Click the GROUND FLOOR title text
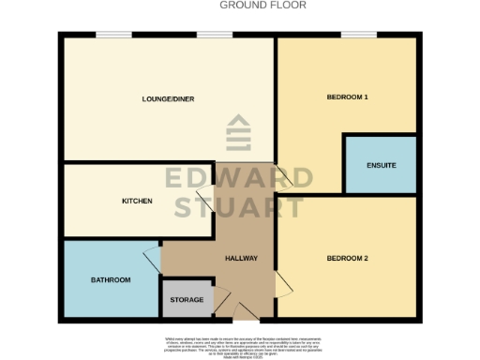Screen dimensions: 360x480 pyautogui.click(x=262, y=5)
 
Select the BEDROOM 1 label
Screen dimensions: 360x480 pyautogui.click(x=347, y=97)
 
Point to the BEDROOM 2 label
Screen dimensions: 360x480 pyautogui.click(x=347, y=258)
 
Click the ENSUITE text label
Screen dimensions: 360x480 pyautogui.click(x=381, y=166)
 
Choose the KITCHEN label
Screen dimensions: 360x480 pyautogui.click(x=137, y=202)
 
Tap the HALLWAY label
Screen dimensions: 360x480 pyautogui.click(x=241, y=259)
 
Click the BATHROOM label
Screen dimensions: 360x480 pyautogui.click(x=111, y=280)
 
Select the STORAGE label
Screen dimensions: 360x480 pyautogui.click(x=186, y=300)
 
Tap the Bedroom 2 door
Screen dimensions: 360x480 pyautogui.click(x=282, y=281)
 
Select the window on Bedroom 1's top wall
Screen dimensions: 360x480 pyautogui.click(x=358, y=35)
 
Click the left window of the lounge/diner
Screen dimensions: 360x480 pyautogui.click(x=112, y=35)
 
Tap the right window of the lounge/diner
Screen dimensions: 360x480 pyautogui.click(x=209, y=35)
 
